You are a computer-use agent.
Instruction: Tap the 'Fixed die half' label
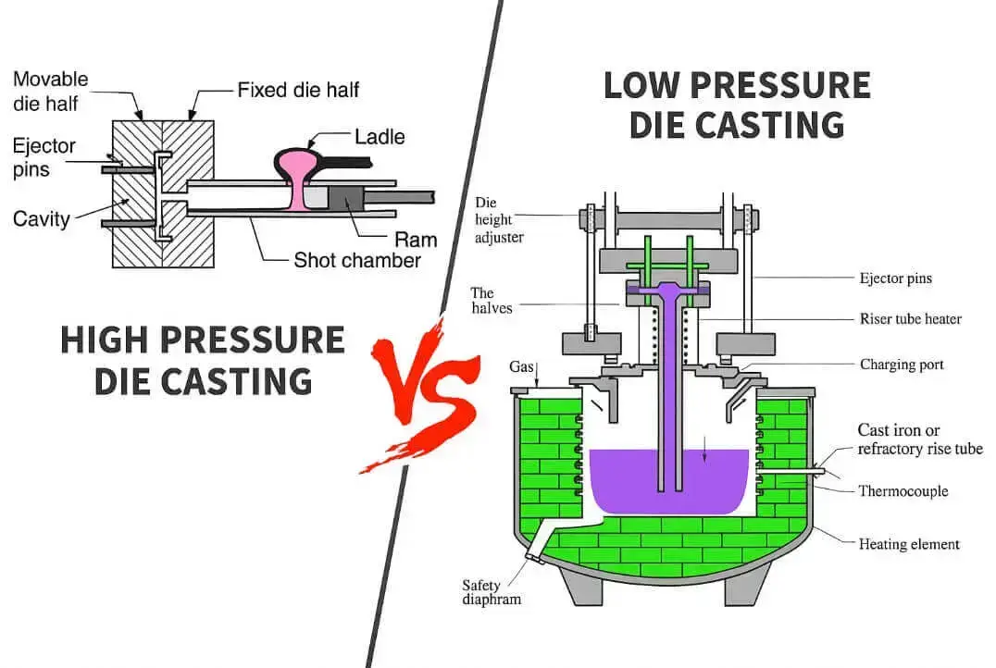pos(298,90)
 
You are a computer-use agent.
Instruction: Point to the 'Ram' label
pos(415,240)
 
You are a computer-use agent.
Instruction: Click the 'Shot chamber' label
pos(356,260)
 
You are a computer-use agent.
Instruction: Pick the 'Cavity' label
pos(41,218)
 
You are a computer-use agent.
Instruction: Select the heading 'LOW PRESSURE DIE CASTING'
pos(737,105)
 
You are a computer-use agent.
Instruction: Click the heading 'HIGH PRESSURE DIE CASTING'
pos(202,360)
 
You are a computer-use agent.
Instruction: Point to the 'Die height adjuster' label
pos(500,219)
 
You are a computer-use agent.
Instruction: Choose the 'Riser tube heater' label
pos(910,319)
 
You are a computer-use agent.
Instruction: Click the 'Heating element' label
pos(909,544)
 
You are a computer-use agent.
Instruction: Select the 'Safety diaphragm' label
pos(492,591)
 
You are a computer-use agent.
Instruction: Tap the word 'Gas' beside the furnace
pos(523,366)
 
